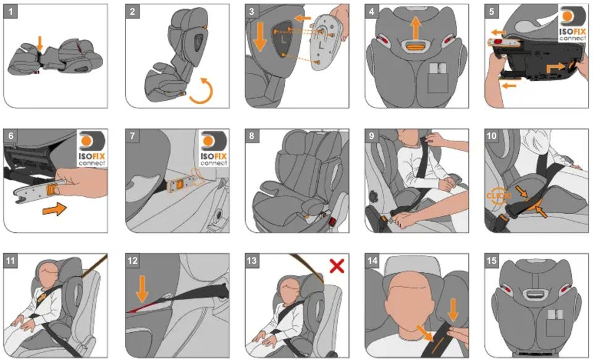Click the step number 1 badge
pos(11,11)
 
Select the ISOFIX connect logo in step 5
pos(573,24)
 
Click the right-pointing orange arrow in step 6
pos(54,209)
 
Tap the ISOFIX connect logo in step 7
pos(214,148)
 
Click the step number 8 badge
pos(252,136)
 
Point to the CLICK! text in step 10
pos(499,196)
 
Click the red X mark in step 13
pos(337,266)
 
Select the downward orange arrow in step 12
pos(142,288)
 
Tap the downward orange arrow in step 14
pos(453,310)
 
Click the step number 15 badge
pos(492,261)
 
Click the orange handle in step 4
pos(416,47)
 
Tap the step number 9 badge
pos(372,136)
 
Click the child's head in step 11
pos(47,273)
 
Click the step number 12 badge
pos(133,261)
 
